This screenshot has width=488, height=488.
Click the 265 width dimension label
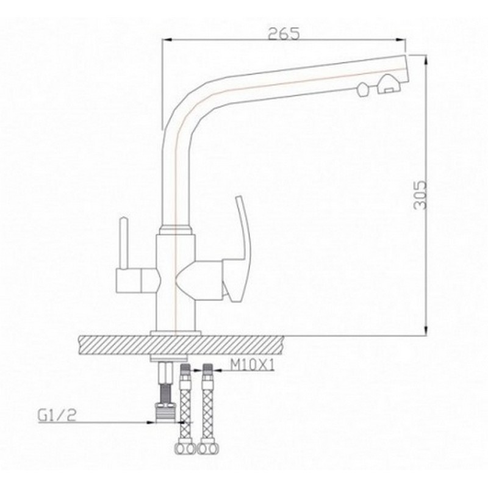point(284,34)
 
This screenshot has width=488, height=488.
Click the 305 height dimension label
point(420,195)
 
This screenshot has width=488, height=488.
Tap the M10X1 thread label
point(252,365)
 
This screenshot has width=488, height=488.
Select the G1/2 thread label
point(57,415)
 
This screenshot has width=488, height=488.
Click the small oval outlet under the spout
point(363,90)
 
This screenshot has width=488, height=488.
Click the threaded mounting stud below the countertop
point(165,393)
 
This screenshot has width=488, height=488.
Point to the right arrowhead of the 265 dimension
point(401,40)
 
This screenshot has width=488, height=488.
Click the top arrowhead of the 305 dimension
point(426,60)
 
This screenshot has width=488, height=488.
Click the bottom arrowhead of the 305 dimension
point(426,330)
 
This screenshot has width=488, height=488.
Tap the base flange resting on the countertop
point(176,332)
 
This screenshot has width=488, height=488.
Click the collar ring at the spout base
point(175,231)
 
